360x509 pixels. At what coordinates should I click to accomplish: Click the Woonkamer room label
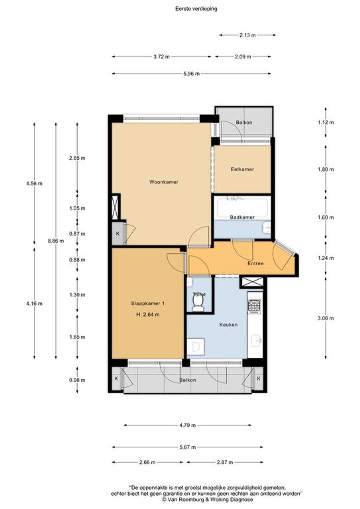[164, 182]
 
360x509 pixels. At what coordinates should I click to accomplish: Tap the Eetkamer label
[242, 169]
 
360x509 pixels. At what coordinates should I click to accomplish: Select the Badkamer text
[242, 217]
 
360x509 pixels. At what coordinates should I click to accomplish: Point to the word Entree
[255, 263]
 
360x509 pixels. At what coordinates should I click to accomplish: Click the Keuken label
[229, 325]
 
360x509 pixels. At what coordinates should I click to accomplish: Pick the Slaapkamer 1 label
[148, 303]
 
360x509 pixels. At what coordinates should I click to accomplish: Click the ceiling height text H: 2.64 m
[148, 315]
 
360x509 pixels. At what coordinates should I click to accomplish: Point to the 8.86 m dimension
[56, 241]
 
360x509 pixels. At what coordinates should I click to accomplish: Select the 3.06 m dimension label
[326, 318]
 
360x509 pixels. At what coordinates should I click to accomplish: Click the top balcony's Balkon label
[244, 123]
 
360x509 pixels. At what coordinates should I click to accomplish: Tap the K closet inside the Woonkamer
[118, 234]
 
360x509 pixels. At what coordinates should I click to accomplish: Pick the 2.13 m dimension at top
[247, 35]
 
